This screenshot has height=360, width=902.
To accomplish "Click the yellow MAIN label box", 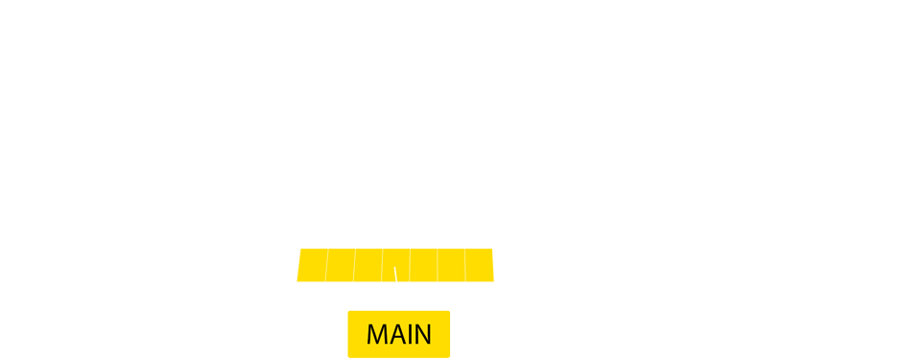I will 398,334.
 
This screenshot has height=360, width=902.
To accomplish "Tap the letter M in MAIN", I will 378,334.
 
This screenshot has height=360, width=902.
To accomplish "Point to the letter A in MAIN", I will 398,334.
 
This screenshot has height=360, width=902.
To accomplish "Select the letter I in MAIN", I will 412,334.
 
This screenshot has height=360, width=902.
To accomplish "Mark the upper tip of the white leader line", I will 394,270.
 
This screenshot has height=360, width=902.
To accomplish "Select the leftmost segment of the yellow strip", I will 312,265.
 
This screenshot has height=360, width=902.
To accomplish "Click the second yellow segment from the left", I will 340,265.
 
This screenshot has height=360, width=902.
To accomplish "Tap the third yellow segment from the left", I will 368,265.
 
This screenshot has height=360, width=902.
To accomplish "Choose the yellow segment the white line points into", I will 395,259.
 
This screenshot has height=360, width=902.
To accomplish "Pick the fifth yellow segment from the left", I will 423,265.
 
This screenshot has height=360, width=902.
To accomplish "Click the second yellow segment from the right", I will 451,265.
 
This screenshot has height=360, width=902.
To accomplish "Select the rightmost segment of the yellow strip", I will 479,265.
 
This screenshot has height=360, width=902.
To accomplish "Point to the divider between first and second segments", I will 326,265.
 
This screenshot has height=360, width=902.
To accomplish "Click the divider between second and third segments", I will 354,265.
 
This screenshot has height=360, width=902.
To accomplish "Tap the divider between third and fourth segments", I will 382,265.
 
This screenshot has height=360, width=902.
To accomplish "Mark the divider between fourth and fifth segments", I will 410,265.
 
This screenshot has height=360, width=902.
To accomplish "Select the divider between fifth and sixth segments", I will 438,265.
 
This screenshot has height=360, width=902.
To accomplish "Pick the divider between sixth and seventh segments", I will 465,265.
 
